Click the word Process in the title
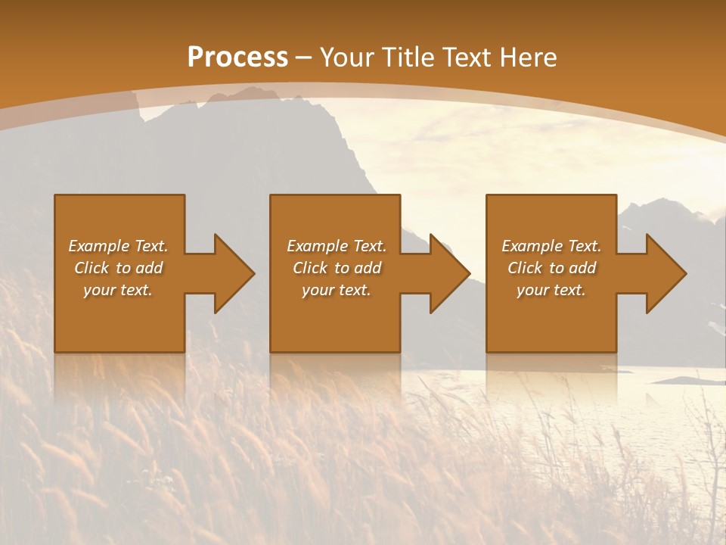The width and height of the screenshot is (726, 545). [237, 58]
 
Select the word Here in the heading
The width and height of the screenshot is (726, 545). [527, 58]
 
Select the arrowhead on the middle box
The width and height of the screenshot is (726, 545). [448, 273]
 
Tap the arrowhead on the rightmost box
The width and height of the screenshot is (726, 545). [665, 273]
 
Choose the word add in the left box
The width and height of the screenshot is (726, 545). [149, 268]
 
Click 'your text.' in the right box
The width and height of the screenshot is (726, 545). [551, 290]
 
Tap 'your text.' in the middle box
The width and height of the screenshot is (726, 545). [336, 290]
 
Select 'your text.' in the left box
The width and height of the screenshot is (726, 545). [117, 290]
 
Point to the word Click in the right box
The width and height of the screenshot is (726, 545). [526, 268]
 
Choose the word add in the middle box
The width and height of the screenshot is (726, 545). [368, 268]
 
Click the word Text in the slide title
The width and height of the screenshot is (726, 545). [465, 58]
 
